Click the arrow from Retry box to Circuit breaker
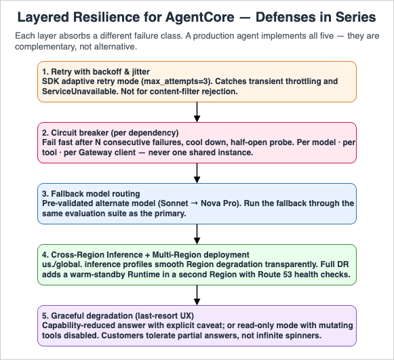197,112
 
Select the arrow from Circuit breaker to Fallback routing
197,173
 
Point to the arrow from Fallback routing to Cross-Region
197,234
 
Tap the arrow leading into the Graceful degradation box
197,295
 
